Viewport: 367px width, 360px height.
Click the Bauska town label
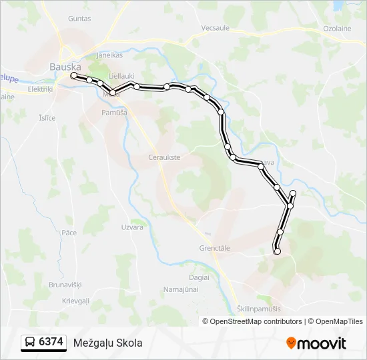coord(65,67)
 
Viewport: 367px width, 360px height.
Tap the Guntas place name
coord(79,19)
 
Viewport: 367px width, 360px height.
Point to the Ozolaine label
coord(338,29)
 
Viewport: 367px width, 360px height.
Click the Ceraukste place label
coord(164,157)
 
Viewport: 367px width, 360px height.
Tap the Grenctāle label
coord(214,248)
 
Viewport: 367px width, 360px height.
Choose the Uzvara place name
coord(132,227)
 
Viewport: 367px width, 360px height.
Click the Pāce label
coord(69,233)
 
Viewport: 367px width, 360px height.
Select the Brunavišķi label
coord(65,285)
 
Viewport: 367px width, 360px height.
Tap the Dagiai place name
coord(199,277)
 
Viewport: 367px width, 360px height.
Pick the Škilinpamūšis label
coord(259,309)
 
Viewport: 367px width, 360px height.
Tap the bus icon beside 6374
coord(31,343)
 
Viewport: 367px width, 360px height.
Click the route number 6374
coord(51,343)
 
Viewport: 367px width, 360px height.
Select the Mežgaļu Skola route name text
coord(108,343)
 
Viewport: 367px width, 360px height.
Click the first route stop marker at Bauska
coord(73,76)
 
